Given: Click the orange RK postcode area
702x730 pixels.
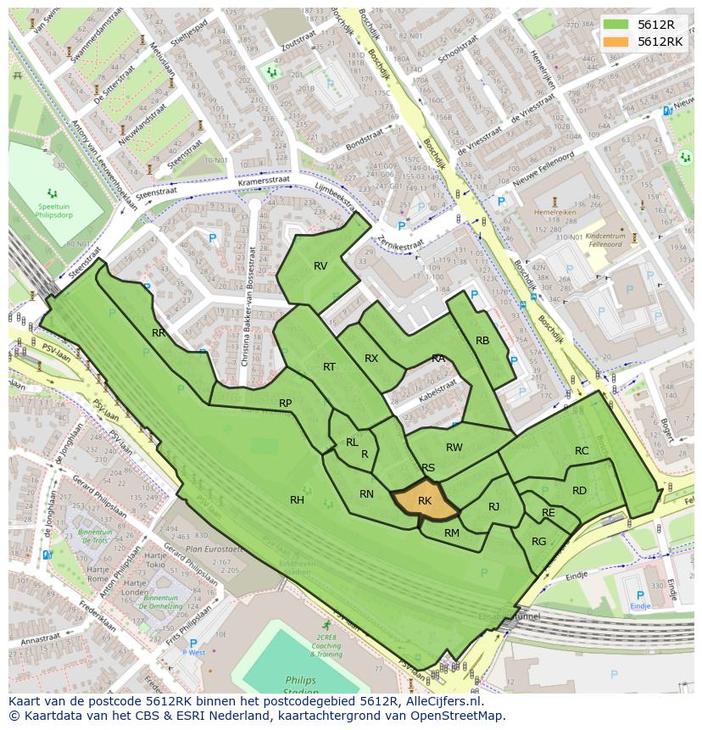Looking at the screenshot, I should point(424,501).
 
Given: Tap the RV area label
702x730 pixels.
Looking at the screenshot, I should point(320,266).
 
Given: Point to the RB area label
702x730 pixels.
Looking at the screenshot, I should point(482,341).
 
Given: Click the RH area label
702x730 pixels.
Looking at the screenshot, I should point(297,500).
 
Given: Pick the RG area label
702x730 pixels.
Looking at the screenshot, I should point(539,542).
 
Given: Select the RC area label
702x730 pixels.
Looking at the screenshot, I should point(582,451).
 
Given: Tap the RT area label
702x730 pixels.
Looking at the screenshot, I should point(329,366).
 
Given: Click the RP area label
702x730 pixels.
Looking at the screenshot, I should point(286,404).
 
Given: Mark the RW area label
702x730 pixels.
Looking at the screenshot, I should point(454,448).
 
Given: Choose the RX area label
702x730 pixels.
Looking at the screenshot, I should point(371,359).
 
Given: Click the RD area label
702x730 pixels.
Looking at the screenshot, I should point(579,491).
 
